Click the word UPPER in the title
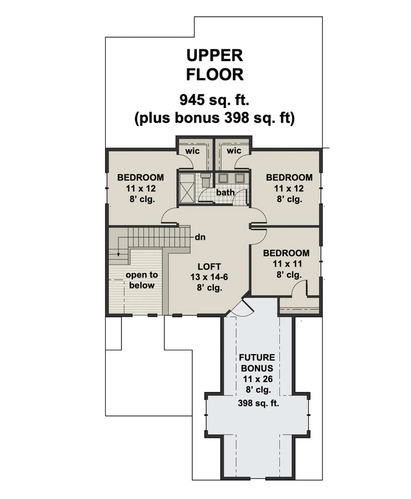pos(215,55)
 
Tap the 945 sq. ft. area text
pos(214,100)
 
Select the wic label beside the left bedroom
pos(192,151)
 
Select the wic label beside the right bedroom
pos(234,151)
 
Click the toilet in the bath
pos(205,179)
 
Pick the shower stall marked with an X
pos(187,188)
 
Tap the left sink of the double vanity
pos(223,178)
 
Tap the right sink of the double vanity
pos(240,178)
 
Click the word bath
pos(225,192)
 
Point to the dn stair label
pos(200,237)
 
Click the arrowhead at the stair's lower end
pos(119,255)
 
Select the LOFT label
pos(209,267)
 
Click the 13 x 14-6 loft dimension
pos(209,277)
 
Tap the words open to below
pos(142,280)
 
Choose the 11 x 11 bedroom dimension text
pos(287,264)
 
